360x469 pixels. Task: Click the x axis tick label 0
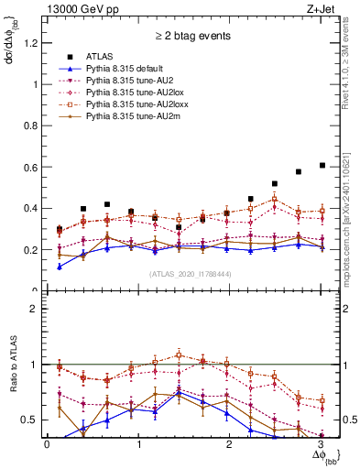pos(47,444)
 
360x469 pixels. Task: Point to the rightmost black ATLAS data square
pos(322,166)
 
